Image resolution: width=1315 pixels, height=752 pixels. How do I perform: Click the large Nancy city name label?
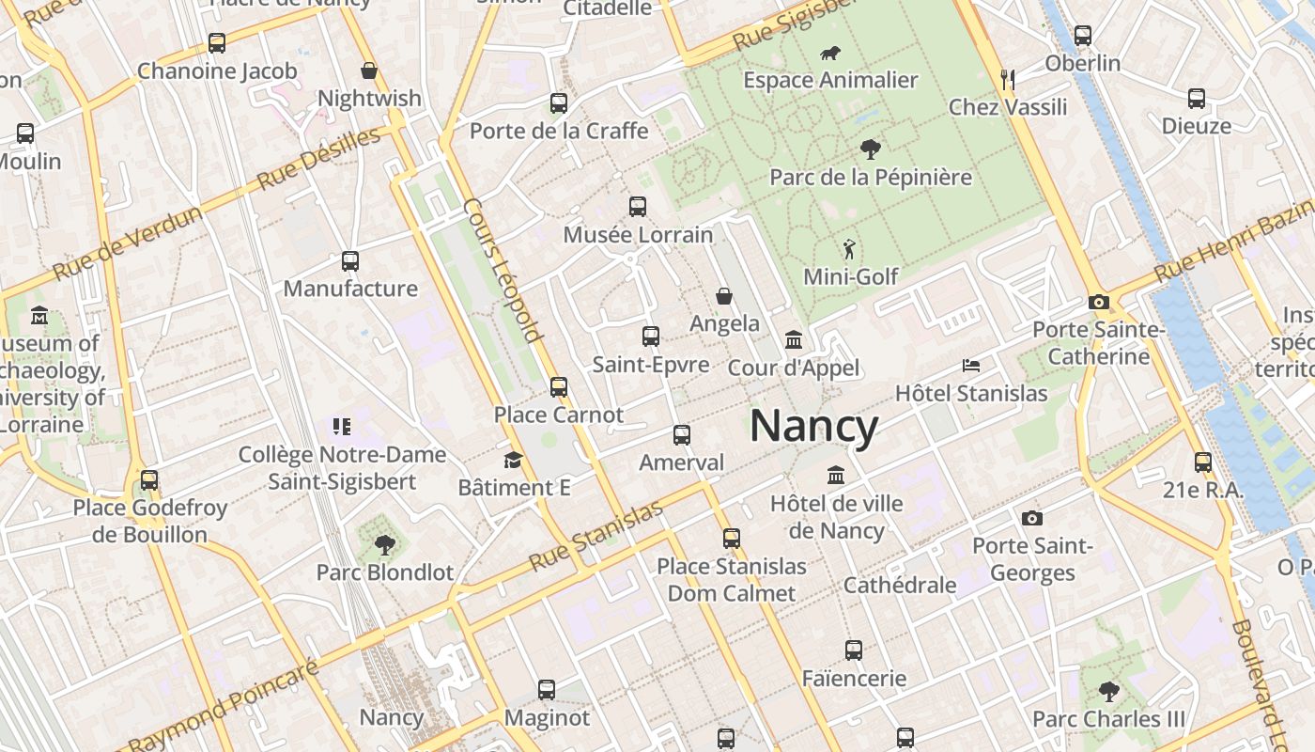813,426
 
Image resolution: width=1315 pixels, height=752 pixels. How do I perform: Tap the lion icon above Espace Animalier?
830,54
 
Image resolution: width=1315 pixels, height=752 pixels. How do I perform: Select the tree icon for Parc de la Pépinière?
871,149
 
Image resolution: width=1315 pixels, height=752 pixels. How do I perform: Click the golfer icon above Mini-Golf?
850,249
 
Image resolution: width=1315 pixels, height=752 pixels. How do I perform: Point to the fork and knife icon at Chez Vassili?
1008,79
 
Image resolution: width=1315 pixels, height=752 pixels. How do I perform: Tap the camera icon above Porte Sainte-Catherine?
1098,303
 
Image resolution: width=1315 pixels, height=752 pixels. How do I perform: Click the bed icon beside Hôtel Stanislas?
971,365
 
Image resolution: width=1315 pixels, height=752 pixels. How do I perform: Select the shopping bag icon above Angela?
724,296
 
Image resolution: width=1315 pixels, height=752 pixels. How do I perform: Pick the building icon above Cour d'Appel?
794,339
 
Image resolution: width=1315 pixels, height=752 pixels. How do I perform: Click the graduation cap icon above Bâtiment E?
513,460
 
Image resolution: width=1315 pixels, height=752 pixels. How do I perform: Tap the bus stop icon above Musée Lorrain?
638,207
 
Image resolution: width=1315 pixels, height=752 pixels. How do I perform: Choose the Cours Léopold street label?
503,270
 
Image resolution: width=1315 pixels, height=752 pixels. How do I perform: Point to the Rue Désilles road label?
319,157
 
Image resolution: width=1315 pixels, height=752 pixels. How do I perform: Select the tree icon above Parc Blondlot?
384,544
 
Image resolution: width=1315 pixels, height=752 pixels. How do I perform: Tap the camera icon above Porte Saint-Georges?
1032,518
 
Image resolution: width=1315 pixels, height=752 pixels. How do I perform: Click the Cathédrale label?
900,585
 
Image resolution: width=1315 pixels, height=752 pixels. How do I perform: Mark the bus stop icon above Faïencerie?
854,650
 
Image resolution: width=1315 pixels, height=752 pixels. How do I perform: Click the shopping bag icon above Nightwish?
369,70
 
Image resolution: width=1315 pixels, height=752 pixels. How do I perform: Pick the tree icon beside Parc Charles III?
1109,692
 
